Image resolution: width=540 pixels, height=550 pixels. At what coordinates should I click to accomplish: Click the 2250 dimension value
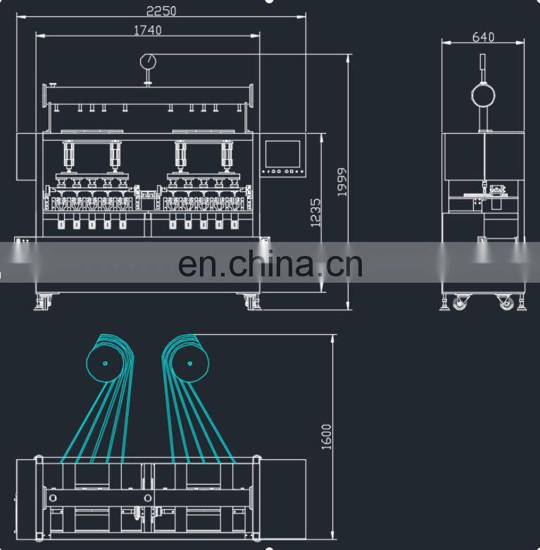coord(161,11)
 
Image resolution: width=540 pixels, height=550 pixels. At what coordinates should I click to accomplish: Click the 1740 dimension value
coord(148,30)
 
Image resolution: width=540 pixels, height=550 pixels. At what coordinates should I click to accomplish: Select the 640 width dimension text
coord(483,37)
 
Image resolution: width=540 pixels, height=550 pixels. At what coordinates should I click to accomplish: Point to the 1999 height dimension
coord(342,182)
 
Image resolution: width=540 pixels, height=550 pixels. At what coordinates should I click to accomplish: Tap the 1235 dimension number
coord(315,213)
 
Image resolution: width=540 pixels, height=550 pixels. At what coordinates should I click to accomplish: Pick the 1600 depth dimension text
coord(326,437)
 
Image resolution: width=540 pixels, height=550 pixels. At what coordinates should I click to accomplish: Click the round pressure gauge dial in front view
coord(148,62)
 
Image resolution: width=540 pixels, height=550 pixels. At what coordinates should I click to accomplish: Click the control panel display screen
coord(282,154)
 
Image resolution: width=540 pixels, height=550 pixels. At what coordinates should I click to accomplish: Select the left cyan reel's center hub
coord(105,364)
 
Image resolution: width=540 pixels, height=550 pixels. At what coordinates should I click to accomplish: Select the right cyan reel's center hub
coord(190,364)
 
